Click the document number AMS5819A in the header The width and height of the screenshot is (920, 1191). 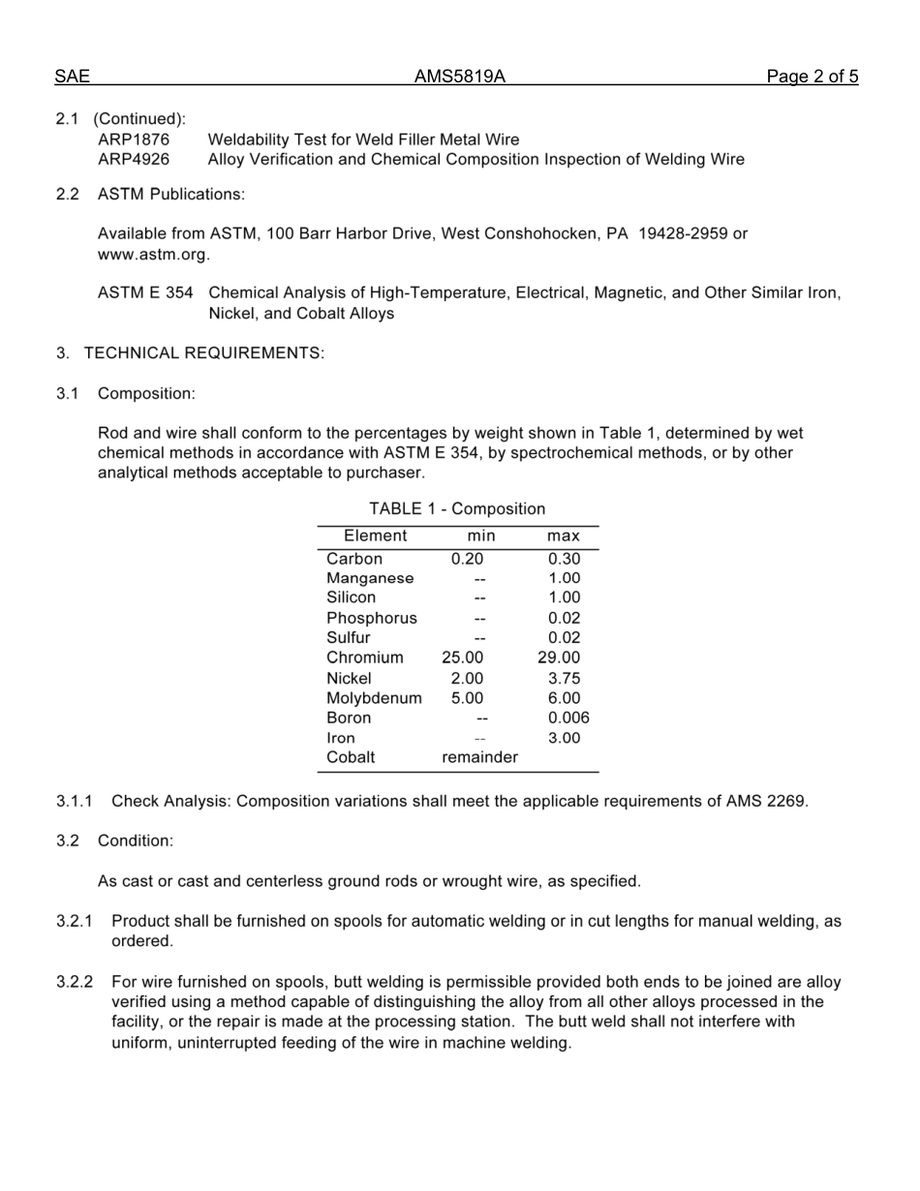pyautogui.click(x=459, y=77)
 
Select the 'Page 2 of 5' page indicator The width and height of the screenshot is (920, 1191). pyautogui.click(x=812, y=77)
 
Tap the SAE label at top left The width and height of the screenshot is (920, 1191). pyautogui.click(x=72, y=77)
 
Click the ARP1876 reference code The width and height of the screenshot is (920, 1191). pyautogui.click(x=134, y=139)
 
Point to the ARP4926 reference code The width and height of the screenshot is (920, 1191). pyautogui.click(x=134, y=159)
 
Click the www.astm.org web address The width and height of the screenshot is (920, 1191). pyautogui.click(x=153, y=255)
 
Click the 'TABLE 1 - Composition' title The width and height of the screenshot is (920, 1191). pyautogui.click(x=457, y=508)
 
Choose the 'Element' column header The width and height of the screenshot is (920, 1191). pyautogui.click(x=375, y=535)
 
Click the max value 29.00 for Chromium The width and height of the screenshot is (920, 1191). pyautogui.click(x=560, y=658)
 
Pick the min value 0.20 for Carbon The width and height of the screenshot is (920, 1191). pyautogui.click(x=467, y=559)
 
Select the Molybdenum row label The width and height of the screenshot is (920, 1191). pyautogui.click(x=374, y=698)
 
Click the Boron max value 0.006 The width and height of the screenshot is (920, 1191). pyautogui.click(x=568, y=718)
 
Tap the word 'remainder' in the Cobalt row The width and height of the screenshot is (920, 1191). pyautogui.click(x=479, y=757)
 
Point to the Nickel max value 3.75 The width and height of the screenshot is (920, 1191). pyautogui.click(x=564, y=679)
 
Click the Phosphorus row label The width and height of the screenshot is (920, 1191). pyautogui.click(x=371, y=618)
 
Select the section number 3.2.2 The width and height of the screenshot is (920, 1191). pyautogui.click(x=75, y=982)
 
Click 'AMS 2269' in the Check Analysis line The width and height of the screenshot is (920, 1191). pyautogui.click(x=767, y=802)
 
